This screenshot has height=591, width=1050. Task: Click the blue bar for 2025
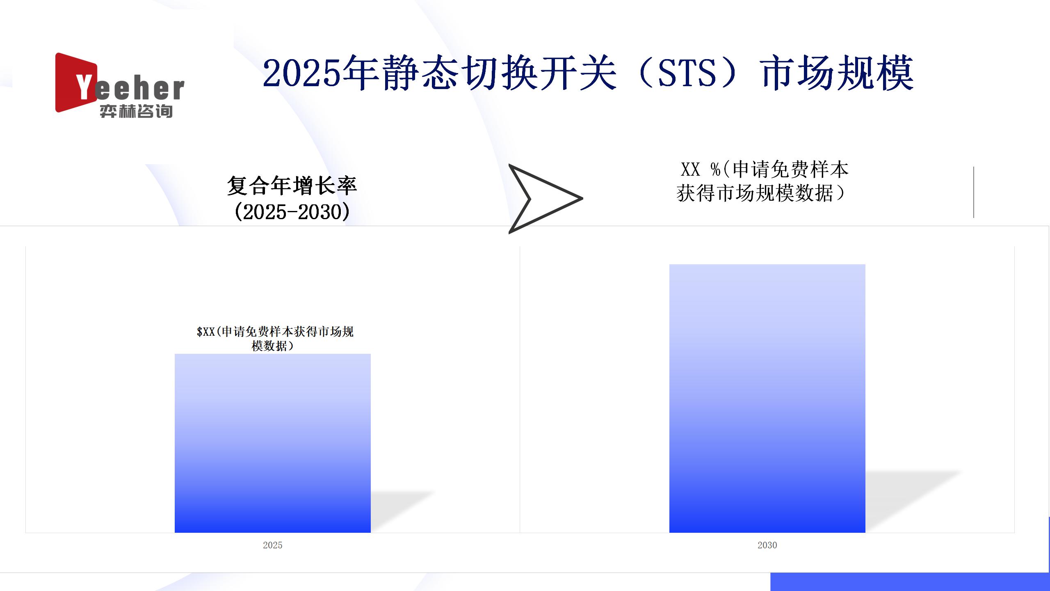tap(273, 443)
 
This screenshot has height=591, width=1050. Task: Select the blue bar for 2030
tap(767, 399)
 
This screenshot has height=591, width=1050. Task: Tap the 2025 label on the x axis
tap(273, 545)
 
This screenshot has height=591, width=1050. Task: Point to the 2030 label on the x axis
tap(767, 545)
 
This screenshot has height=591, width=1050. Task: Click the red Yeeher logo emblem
tap(76, 82)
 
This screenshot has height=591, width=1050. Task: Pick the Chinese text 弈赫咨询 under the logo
tap(136, 111)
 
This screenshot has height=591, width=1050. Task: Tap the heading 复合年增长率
tap(292, 186)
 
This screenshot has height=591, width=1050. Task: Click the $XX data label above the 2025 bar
tap(275, 339)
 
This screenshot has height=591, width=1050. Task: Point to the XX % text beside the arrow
tap(701, 169)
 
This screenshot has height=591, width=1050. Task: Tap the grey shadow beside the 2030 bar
tap(911, 501)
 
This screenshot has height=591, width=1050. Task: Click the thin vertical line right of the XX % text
tap(974, 192)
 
